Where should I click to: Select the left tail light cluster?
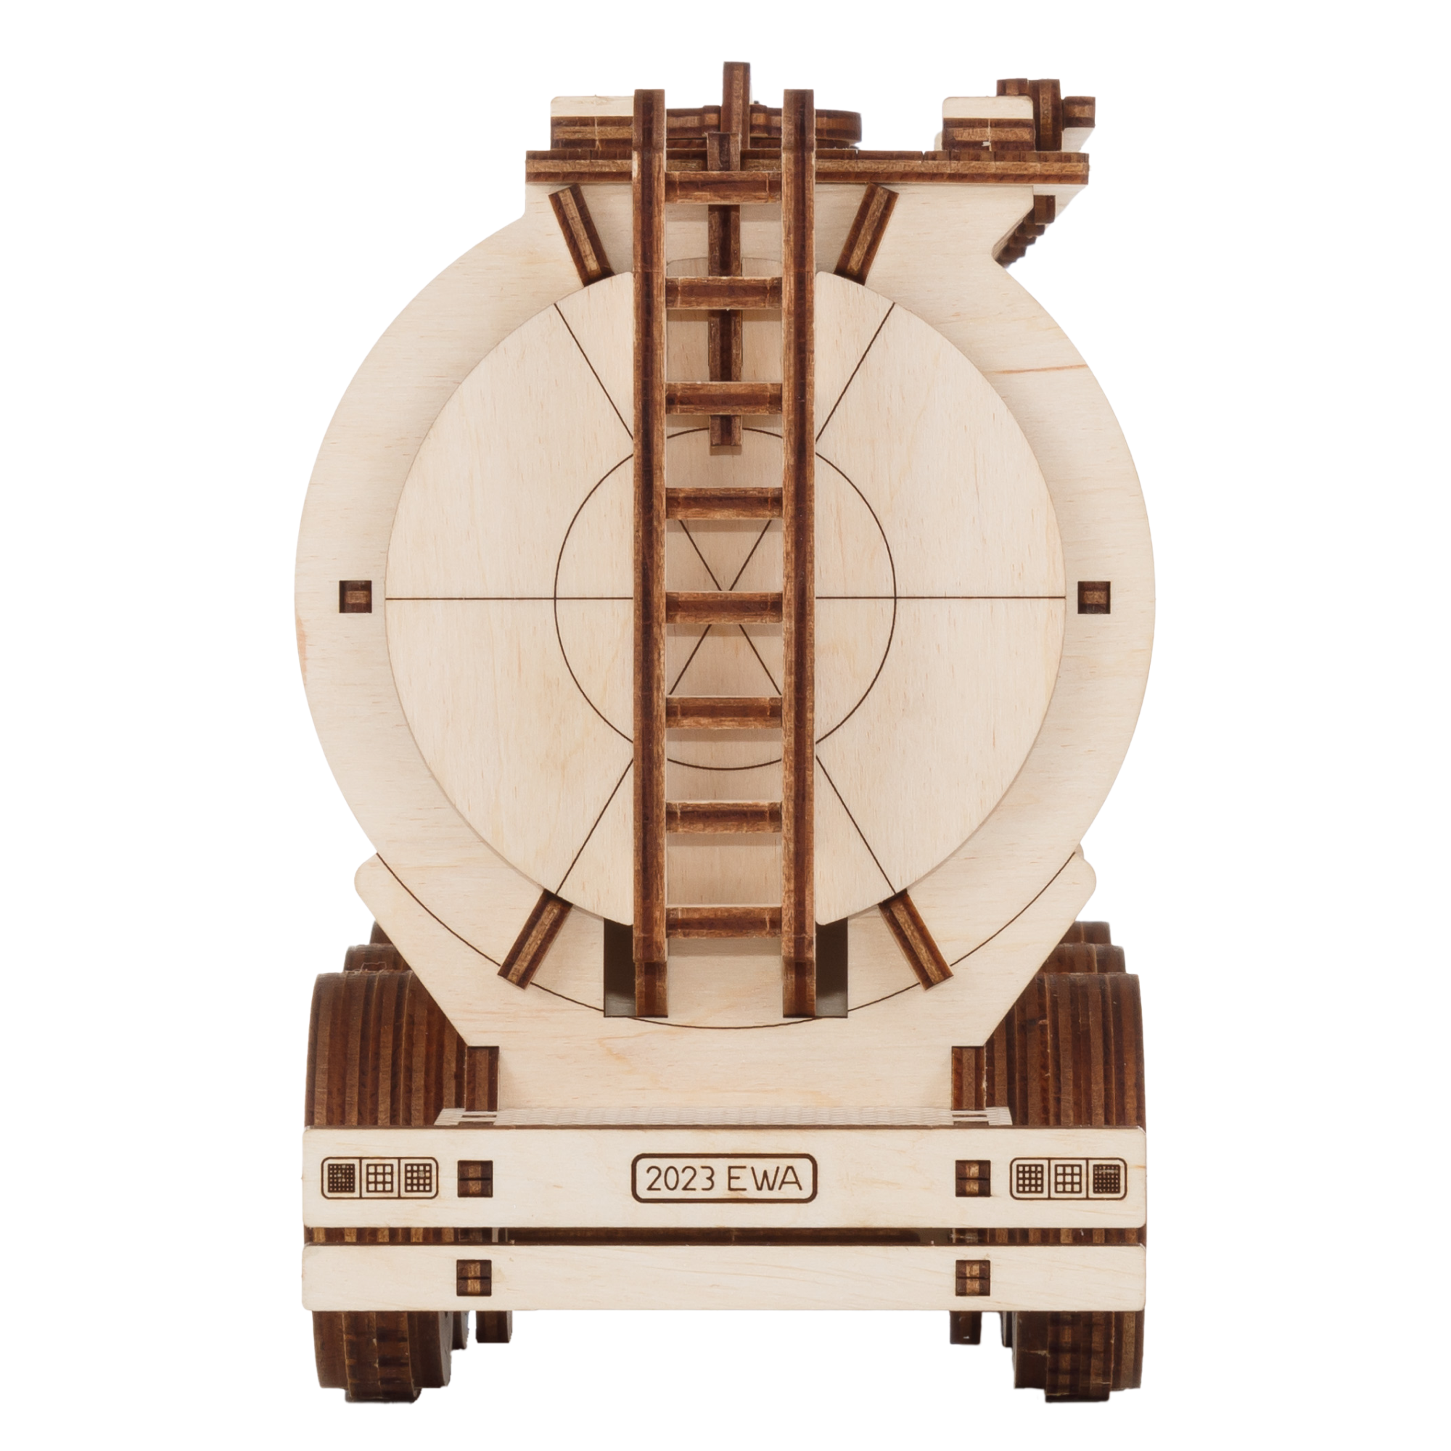click(379, 1178)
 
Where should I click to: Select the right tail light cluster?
click(1070, 1178)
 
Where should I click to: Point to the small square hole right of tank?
click(1094, 596)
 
